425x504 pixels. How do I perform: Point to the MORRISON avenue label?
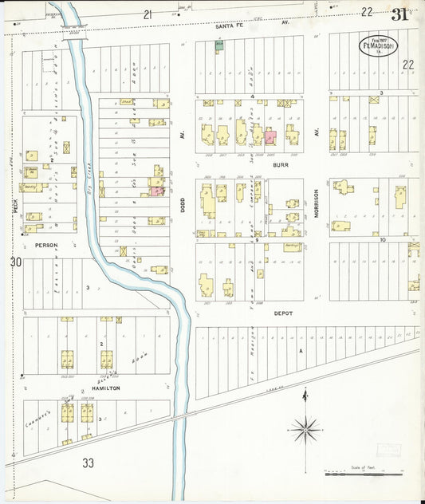tap(317, 203)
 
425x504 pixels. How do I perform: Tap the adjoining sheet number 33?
tap(89, 462)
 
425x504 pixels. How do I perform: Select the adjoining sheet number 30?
tap(15, 262)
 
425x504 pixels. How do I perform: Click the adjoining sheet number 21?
tap(148, 14)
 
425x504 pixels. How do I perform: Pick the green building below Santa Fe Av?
tap(218, 45)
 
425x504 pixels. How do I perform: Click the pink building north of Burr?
tap(270, 137)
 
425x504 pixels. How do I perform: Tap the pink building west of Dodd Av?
tap(155, 191)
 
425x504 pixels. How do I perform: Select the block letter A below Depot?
tap(301, 350)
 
